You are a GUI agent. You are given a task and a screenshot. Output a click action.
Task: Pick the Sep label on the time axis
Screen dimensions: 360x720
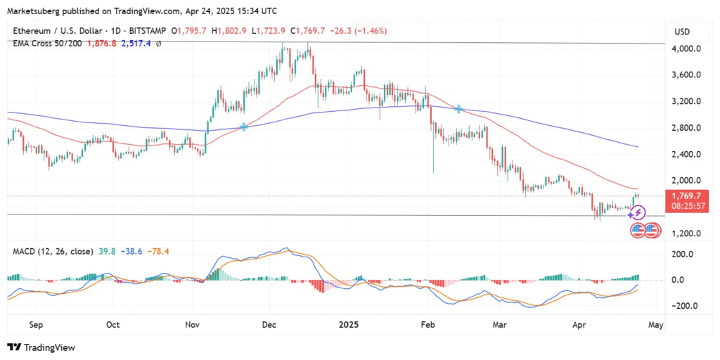click(37, 326)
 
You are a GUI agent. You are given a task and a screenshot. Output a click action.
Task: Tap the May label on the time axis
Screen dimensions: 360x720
click(655, 326)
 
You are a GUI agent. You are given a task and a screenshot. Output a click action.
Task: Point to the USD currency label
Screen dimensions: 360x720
click(682, 32)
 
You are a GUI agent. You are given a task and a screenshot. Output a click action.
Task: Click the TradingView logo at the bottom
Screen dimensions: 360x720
click(41, 347)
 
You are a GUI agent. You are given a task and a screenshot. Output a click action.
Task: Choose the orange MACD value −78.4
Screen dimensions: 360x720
click(172, 251)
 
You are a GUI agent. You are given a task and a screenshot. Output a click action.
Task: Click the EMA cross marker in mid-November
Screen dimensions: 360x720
click(244, 127)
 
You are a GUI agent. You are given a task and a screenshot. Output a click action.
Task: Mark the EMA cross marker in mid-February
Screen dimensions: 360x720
click(459, 109)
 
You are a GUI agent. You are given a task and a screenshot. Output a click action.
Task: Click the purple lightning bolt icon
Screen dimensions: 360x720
click(639, 211)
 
